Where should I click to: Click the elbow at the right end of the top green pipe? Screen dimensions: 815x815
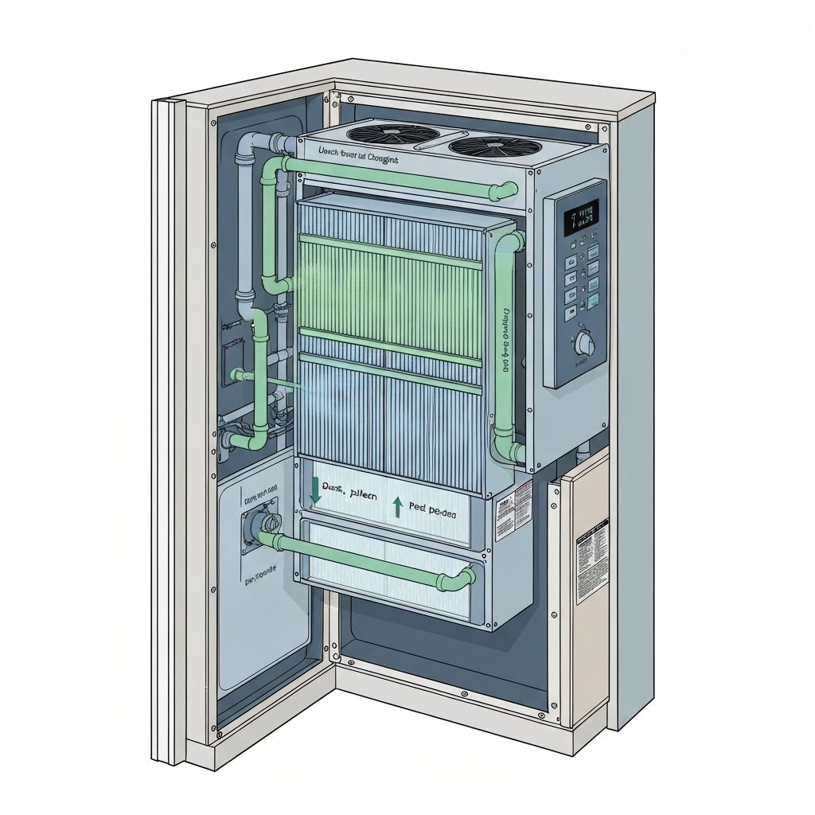(x=505, y=191)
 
